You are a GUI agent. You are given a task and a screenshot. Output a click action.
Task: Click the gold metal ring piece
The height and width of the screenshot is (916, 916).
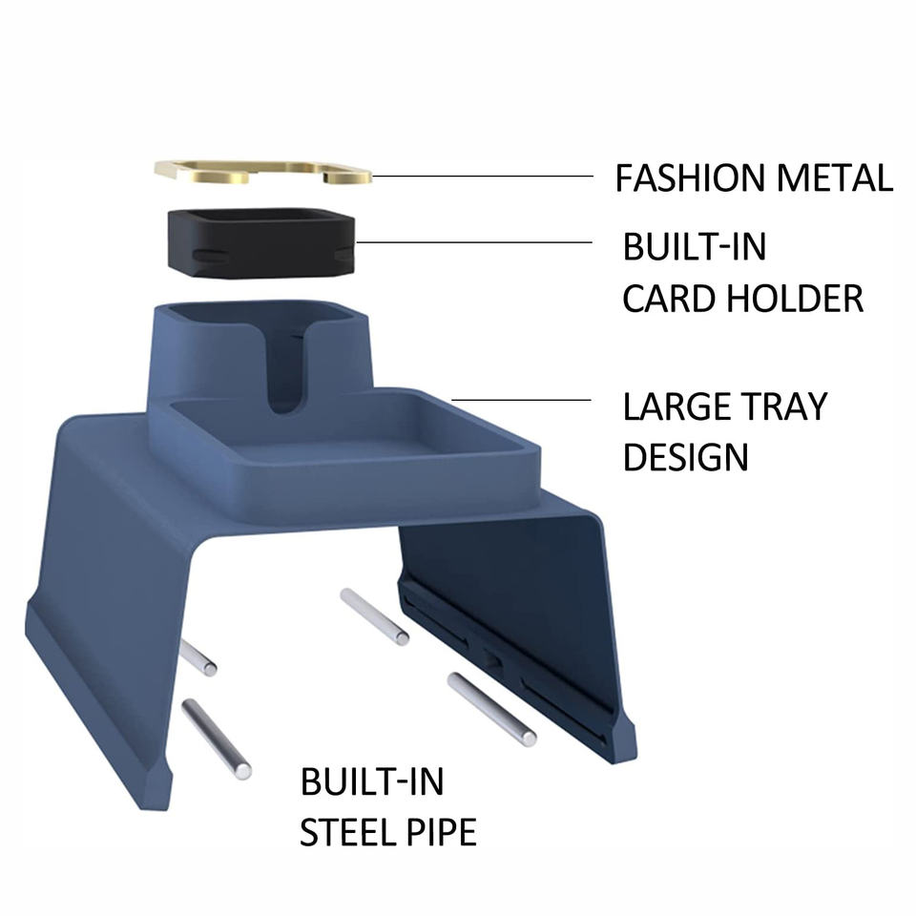[262, 172]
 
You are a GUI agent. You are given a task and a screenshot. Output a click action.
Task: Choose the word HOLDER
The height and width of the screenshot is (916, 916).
[795, 299]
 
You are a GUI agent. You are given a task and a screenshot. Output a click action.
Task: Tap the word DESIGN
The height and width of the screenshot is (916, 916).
[685, 456]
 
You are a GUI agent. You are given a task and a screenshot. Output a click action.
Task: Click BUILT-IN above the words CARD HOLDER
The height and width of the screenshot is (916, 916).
[694, 247]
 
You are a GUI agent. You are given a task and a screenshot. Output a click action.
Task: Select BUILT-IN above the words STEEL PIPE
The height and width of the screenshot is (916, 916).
[372, 782]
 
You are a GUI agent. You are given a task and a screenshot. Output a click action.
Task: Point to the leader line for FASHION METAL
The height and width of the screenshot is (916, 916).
[482, 177]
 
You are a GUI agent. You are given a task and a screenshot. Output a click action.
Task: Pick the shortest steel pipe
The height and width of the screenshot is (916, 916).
[198, 657]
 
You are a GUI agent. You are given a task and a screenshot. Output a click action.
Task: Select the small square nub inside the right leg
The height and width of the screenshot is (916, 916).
[492, 657]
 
